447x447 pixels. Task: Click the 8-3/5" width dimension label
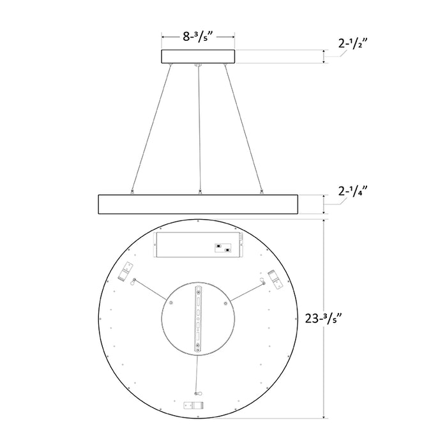[198, 36]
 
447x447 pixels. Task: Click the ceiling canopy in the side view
[198, 57]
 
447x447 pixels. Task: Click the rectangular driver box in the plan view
[198, 245]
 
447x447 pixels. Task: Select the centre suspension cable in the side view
[200, 128]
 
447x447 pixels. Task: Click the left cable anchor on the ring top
[132, 190]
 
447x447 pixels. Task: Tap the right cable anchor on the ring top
[262, 190]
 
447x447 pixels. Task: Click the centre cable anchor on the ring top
[200, 190]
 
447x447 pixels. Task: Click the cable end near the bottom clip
[196, 393]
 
